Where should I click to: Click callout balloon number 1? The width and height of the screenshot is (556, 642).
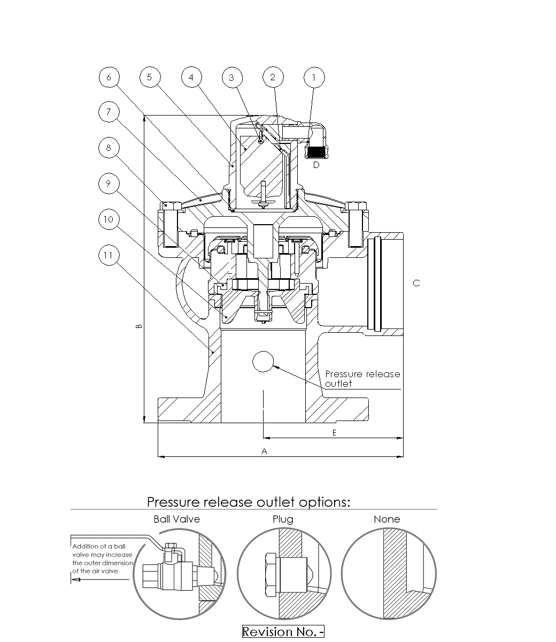tap(314, 78)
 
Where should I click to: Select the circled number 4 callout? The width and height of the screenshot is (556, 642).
tap(191, 78)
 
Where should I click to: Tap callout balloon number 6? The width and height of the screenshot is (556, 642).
tap(109, 78)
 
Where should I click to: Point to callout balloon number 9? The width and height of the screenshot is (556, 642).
tap(109, 184)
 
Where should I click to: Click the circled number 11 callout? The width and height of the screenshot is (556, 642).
tap(109, 255)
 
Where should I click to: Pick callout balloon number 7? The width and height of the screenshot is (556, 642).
tap(109, 112)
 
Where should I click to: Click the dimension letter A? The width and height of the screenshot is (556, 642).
tap(264, 452)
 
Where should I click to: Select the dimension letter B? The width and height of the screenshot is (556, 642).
tap(139, 326)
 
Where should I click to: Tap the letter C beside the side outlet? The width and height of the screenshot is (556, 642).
tap(416, 284)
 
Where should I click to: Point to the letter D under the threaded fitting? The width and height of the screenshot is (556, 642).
tap(316, 165)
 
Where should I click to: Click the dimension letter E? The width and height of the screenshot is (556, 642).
tap(334, 433)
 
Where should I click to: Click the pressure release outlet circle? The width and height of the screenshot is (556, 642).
tap(262, 362)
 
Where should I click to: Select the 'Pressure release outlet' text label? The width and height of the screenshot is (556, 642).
tap(362, 378)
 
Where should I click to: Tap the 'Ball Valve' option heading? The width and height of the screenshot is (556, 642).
tap(176, 519)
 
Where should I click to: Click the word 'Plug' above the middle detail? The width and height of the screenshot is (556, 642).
tap(283, 519)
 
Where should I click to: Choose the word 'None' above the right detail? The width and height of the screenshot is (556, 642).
tap(387, 519)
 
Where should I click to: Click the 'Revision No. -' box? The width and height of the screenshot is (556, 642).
tap(283, 632)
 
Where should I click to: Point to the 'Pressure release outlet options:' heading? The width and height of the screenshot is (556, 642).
tap(249, 502)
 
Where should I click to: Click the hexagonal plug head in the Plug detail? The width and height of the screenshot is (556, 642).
tap(272, 576)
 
